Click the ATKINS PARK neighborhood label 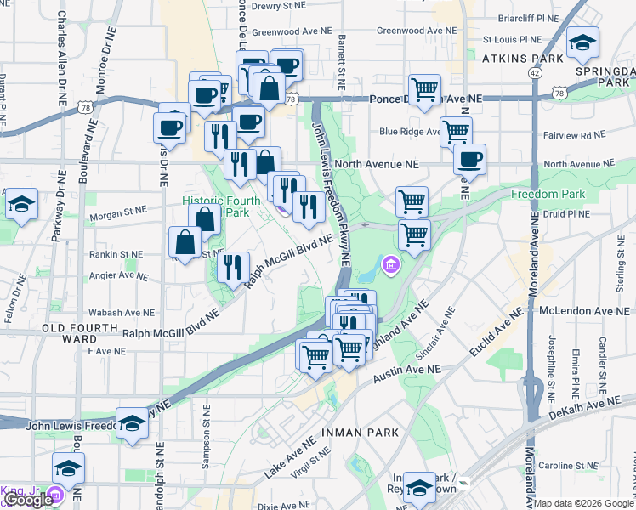(x=523, y=59)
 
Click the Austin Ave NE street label (x=408, y=370)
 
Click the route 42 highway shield (x=534, y=74)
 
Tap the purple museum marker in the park (x=390, y=267)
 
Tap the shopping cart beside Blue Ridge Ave (x=456, y=132)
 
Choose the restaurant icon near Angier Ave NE (x=232, y=267)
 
